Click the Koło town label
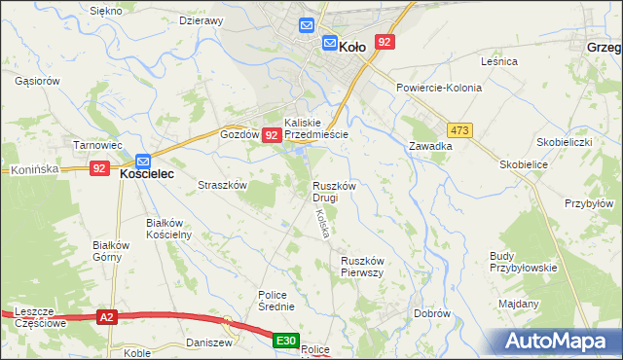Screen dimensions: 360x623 (351, 44)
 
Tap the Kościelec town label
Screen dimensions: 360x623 (146, 173)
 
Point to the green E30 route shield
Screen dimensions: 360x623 (285, 341)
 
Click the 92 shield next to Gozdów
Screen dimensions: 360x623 (273, 138)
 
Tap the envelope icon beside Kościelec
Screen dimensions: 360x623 (143, 160)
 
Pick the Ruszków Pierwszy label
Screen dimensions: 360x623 (364, 267)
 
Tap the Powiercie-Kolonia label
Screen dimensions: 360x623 (438, 88)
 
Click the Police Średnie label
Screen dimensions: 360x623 (276, 301)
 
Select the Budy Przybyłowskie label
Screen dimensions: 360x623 (523, 262)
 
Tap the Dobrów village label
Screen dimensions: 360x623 (431, 313)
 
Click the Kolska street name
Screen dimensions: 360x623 (320, 223)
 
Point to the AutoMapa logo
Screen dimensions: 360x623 (558, 342)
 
